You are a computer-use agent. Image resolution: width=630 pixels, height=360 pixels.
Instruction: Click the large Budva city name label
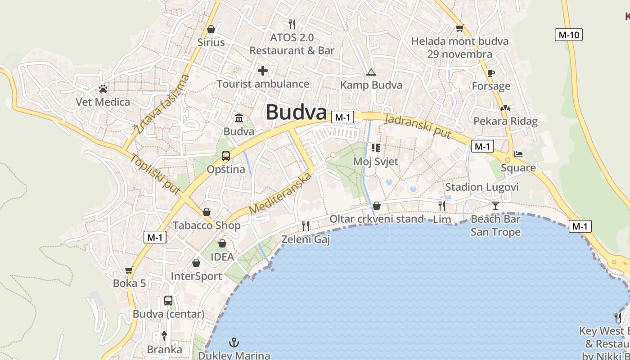296,112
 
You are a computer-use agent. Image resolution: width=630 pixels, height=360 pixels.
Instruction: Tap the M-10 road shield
569,35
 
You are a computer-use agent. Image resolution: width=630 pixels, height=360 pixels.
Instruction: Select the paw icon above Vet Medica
103,89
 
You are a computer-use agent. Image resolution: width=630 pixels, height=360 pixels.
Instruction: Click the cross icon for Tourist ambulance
263,70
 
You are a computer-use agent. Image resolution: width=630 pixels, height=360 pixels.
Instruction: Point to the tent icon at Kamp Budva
371,72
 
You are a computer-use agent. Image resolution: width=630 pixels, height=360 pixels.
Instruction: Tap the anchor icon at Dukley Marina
234,342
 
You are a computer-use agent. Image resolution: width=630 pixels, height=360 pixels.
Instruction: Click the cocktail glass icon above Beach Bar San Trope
495,206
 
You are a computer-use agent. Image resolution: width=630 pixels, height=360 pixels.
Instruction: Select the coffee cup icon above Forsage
491,73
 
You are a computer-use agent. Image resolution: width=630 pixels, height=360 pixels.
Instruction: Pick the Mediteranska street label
280,193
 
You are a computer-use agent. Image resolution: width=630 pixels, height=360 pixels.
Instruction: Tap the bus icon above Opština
226,156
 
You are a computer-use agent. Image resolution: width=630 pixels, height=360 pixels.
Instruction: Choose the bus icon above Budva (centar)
168,301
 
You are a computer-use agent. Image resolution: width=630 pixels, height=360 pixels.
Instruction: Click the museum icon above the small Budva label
239,118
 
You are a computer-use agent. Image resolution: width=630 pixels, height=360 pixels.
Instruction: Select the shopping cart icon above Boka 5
129,270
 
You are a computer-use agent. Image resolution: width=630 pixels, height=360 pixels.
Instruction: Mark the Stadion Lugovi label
481,187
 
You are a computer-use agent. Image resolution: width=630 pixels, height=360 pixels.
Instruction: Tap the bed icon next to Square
518,154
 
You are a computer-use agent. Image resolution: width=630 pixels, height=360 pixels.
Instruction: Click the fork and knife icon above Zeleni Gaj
306,226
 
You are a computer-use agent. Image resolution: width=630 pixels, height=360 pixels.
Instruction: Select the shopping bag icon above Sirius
211,30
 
